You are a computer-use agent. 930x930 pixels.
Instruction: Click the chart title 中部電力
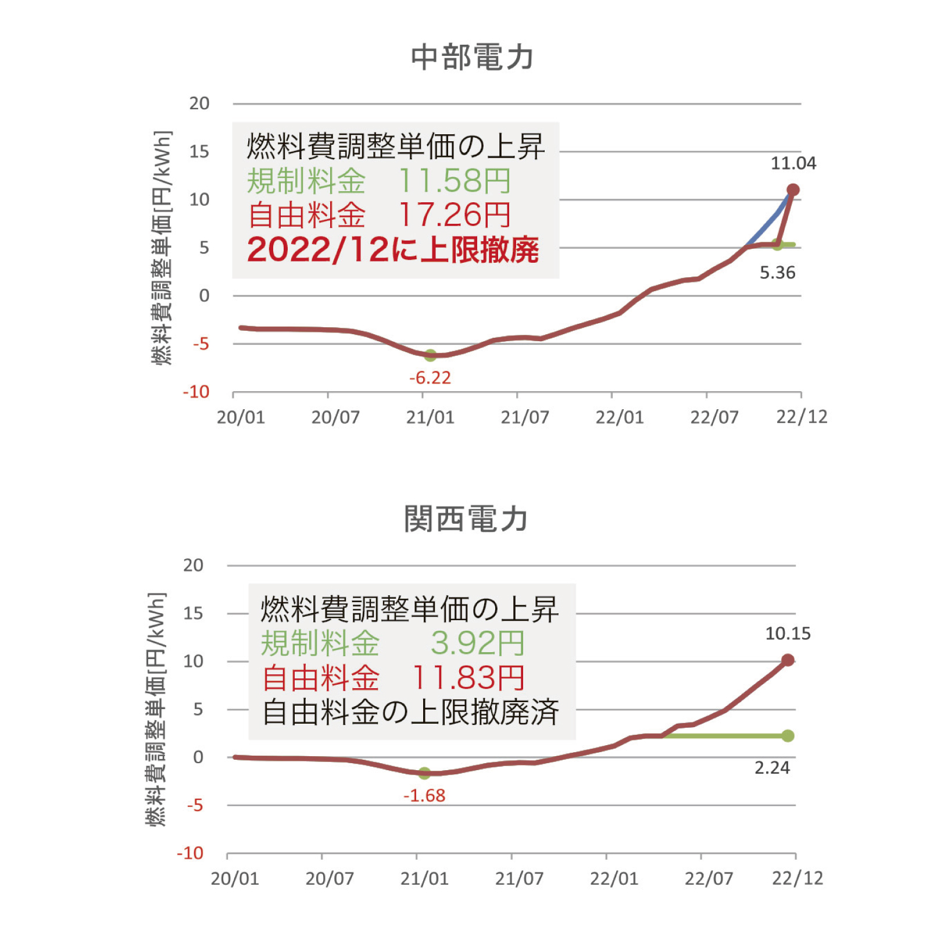[472, 58]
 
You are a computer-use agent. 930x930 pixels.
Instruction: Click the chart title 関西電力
[466, 518]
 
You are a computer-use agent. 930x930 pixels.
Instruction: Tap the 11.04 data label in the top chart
[793, 163]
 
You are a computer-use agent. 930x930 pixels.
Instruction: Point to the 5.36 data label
[777, 273]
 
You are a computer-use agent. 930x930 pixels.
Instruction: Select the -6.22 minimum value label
[430, 378]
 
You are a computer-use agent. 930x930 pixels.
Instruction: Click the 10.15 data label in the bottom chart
[788, 634]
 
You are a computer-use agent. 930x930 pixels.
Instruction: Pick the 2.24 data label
[772, 768]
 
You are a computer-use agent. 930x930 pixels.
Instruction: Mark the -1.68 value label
[424, 795]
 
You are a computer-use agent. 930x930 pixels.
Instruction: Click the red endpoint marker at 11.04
[793, 189]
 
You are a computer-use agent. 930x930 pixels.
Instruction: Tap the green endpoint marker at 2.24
[788, 736]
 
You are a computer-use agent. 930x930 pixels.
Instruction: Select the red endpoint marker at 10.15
[788, 660]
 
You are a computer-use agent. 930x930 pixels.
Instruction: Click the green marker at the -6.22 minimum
[430, 355]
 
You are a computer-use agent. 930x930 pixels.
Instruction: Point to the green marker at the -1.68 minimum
[424, 773]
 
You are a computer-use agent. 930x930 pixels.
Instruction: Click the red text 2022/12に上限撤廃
[393, 250]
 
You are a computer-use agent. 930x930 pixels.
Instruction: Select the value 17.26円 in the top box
[455, 215]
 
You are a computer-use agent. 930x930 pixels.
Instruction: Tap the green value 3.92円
[477, 643]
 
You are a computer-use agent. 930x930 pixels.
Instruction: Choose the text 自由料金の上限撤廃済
[410, 712]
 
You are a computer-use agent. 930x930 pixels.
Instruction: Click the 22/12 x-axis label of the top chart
[802, 417]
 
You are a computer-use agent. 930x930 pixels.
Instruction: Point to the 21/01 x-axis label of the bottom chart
[424, 878]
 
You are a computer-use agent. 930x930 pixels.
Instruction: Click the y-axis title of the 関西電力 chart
[156, 709]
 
